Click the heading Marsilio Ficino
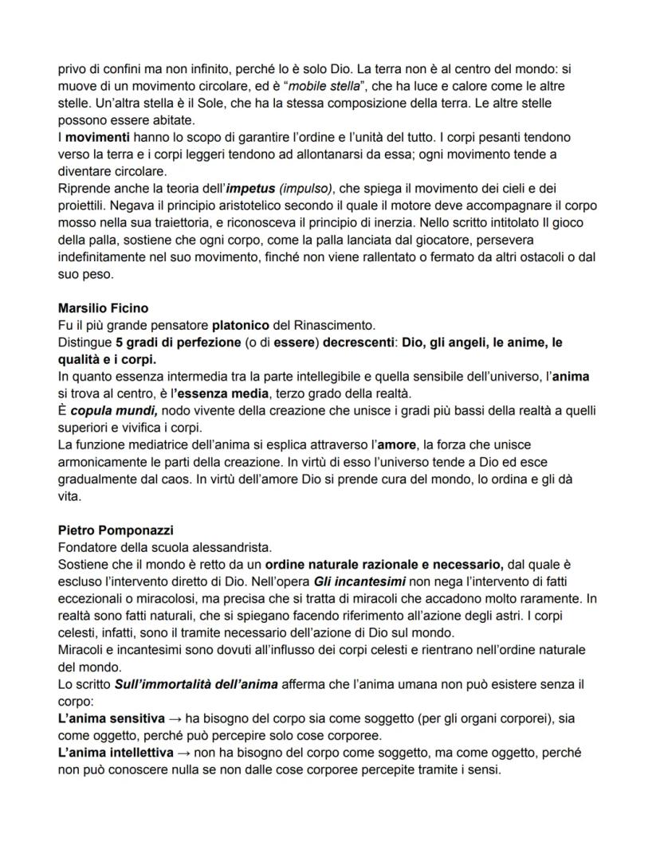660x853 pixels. coord(102,307)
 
